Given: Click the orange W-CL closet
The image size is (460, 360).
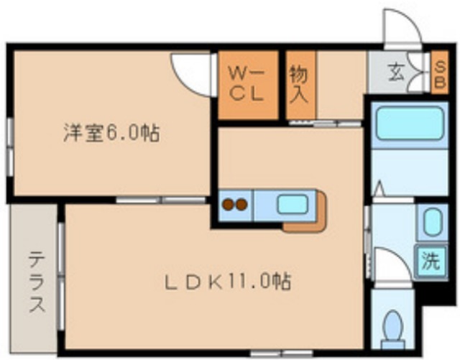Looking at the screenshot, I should click(x=248, y=84).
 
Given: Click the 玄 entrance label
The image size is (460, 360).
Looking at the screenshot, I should click(x=397, y=73).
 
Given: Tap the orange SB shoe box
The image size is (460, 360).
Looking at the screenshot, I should click(x=439, y=72).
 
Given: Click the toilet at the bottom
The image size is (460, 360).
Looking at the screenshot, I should click(x=392, y=328).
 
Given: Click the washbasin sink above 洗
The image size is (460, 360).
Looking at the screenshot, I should click(x=431, y=223).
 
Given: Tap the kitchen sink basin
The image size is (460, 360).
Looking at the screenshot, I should click(x=292, y=204).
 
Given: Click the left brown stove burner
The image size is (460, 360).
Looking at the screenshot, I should click(x=228, y=205).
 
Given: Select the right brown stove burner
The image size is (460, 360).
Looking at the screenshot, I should click(x=241, y=205).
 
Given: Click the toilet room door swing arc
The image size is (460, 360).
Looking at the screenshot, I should click(x=391, y=267).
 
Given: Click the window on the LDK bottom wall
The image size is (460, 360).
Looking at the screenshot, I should click(x=280, y=353).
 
